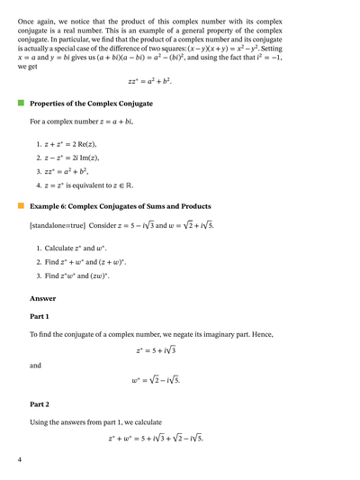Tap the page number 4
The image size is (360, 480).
pos(19,460)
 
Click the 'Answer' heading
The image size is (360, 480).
pos(42,297)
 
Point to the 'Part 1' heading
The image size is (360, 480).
pos(40,316)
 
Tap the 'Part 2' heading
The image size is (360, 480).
pos(40,403)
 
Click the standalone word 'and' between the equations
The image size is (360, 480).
pos(35,366)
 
